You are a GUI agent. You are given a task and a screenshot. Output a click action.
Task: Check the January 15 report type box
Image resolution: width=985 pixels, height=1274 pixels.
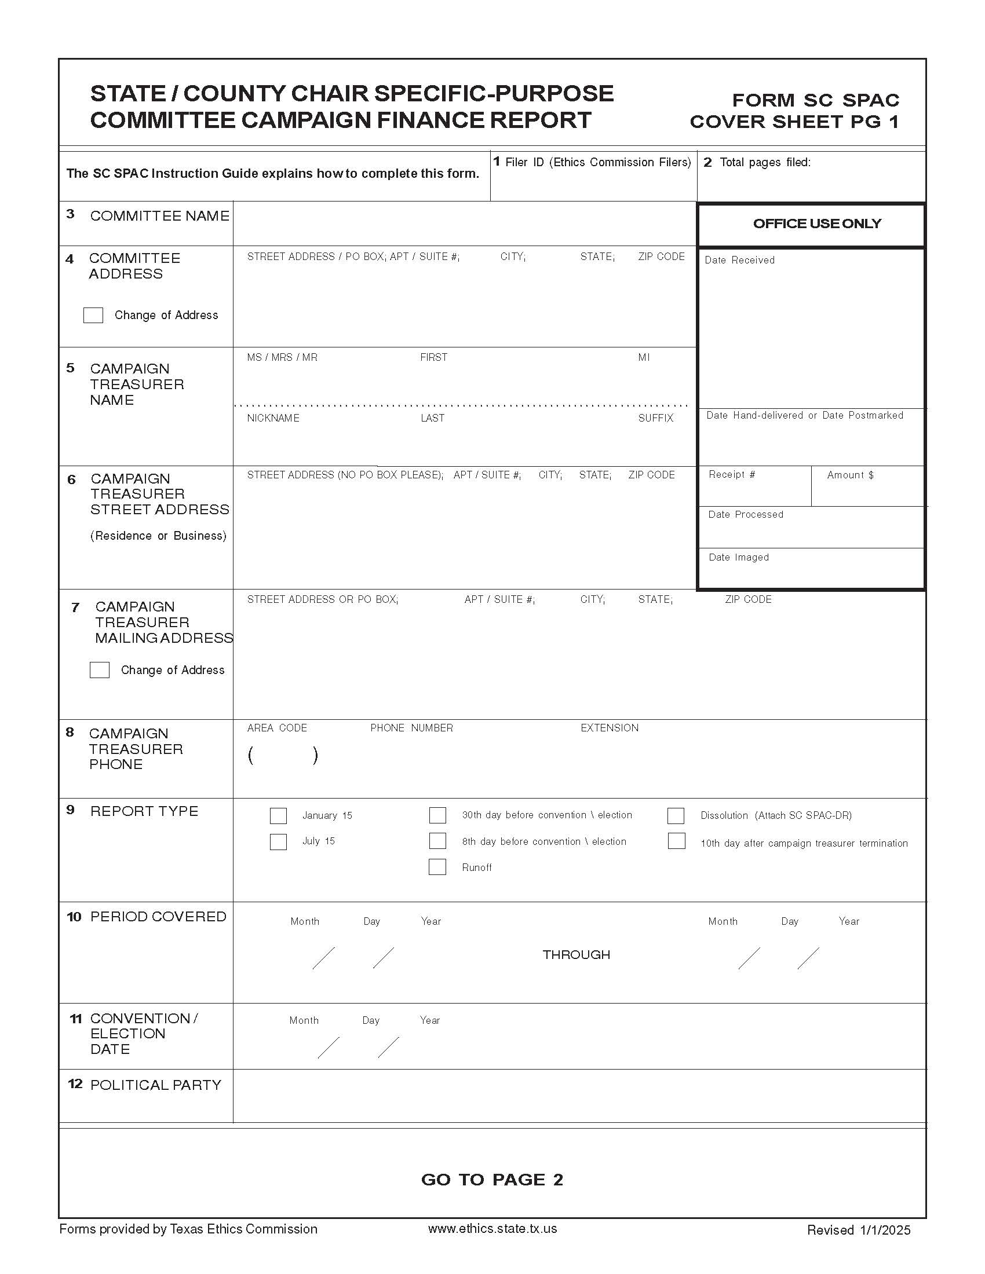(x=278, y=815)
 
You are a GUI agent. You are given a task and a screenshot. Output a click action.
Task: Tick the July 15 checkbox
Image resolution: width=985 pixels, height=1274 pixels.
(x=278, y=842)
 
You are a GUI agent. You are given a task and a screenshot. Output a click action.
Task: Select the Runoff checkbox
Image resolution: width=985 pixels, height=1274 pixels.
(x=437, y=867)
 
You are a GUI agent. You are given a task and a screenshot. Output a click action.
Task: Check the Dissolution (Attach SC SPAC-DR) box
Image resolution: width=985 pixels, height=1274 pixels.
(x=676, y=815)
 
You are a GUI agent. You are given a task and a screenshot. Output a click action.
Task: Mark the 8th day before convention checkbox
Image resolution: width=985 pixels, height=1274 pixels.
(x=437, y=841)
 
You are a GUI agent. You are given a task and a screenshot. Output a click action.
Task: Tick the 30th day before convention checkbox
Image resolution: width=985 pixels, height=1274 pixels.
(x=437, y=815)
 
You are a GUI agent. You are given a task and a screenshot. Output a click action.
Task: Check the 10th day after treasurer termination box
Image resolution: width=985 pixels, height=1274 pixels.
(x=676, y=841)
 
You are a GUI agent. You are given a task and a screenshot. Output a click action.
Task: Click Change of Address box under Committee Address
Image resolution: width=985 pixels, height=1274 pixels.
(x=93, y=315)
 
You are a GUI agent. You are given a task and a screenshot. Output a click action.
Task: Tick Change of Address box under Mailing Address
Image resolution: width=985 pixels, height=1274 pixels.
(x=100, y=669)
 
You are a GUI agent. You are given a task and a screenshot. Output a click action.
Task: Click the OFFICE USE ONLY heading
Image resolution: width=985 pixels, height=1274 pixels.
(x=816, y=224)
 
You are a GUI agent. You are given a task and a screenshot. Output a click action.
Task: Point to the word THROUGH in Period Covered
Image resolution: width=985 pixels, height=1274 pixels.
(x=576, y=955)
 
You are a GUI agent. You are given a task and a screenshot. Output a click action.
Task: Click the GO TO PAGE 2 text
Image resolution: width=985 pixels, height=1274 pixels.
(x=492, y=1180)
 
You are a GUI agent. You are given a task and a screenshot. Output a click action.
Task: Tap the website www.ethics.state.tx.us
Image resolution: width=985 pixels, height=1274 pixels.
(x=492, y=1228)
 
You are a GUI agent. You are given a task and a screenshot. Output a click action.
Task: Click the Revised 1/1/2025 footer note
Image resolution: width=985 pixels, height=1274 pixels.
(x=858, y=1230)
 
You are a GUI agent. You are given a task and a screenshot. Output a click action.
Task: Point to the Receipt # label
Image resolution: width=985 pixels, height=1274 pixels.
(x=732, y=475)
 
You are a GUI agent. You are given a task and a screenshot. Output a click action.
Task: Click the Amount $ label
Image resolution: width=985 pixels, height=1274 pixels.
(x=850, y=475)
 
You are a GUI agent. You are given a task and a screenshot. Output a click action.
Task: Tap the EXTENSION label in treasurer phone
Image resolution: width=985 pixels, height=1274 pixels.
(x=609, y=728)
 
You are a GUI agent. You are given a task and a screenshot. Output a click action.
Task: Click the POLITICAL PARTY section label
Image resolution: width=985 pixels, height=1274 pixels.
(x=156, y=1085)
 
